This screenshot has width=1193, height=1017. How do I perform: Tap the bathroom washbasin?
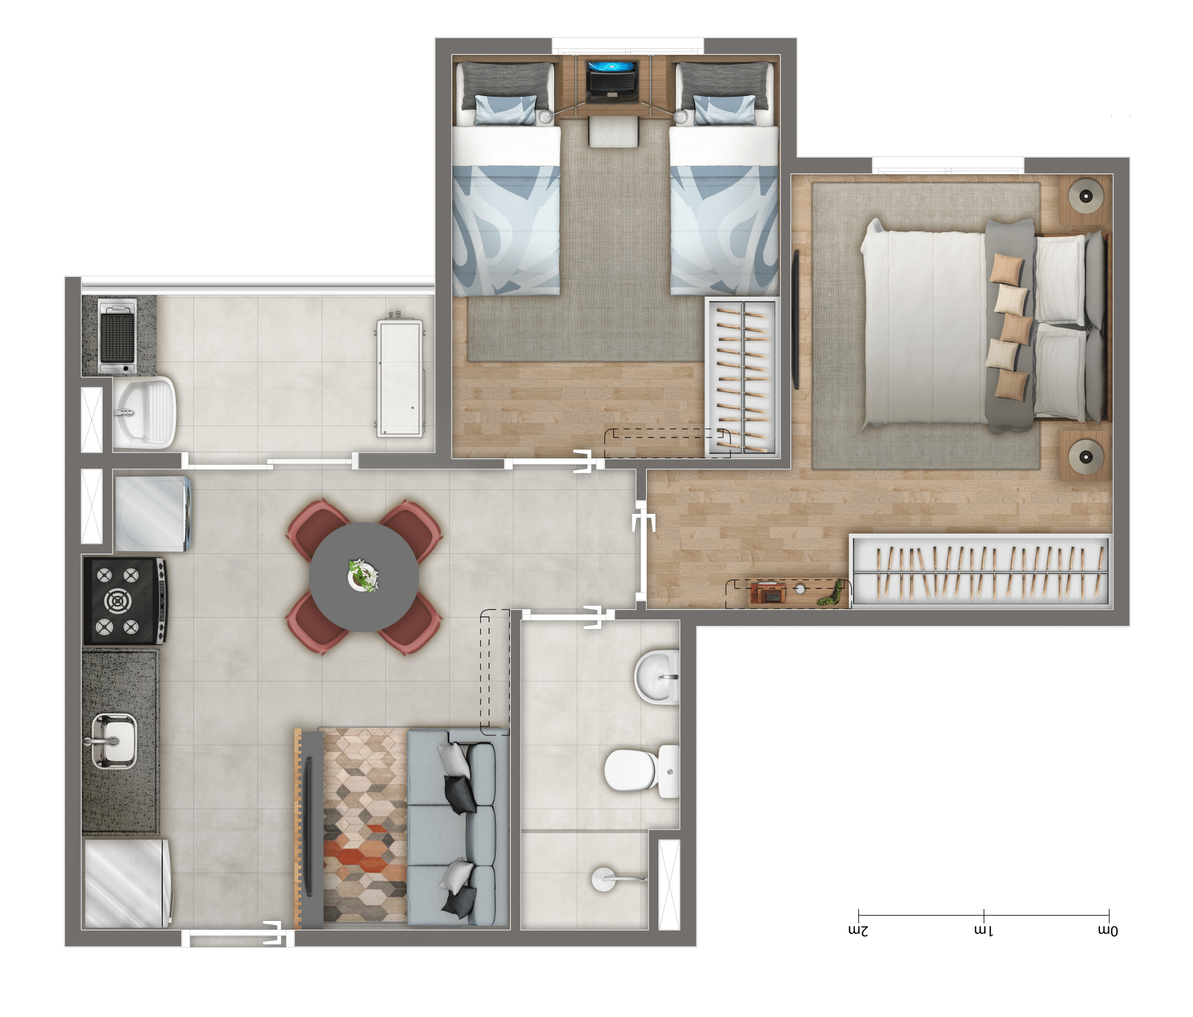[x=657, y=677]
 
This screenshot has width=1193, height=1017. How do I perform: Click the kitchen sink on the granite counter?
[x=114, y=741]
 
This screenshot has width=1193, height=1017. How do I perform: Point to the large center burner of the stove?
[x=118, y=600]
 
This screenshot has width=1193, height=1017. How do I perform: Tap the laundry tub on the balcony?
[x=144, y=412]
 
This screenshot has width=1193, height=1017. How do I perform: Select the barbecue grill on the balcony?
[x=118, y=337]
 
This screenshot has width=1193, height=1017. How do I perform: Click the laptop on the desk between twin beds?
[x=612, y=81]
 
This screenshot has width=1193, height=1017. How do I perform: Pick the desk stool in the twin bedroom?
[x=613, y=132]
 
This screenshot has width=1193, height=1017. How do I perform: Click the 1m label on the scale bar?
[x=984, y=930]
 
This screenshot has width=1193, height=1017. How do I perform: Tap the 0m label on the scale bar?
[x=1108, y=930]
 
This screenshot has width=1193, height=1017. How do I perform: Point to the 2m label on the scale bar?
[x=858, y=930]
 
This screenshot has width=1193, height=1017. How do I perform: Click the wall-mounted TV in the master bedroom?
[x=795, y=320]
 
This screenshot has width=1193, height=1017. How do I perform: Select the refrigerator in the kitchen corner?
[x=127, y=883]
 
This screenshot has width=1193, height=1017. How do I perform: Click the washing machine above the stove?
[x=153, y=513]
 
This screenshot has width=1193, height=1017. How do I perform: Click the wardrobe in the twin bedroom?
[x=743, y=377]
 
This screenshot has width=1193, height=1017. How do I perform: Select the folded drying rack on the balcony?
[x=400, y=378]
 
